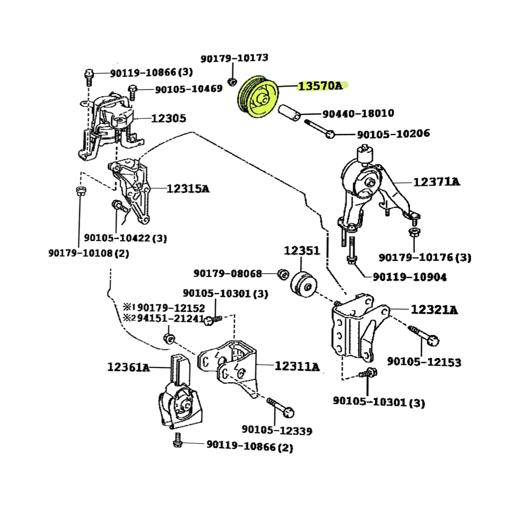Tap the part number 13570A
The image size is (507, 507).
point(320,86)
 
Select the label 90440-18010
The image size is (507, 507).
point(358,113)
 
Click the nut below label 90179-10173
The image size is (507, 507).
point(232,81)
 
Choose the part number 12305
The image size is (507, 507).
point(168,118)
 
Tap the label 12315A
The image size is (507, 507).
point(188,188)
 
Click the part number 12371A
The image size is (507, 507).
point(436,182)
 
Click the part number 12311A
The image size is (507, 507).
point(297,366)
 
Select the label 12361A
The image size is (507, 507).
point(128,367)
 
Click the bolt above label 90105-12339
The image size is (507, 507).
point(280,406)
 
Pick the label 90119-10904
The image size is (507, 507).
point(409,277)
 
